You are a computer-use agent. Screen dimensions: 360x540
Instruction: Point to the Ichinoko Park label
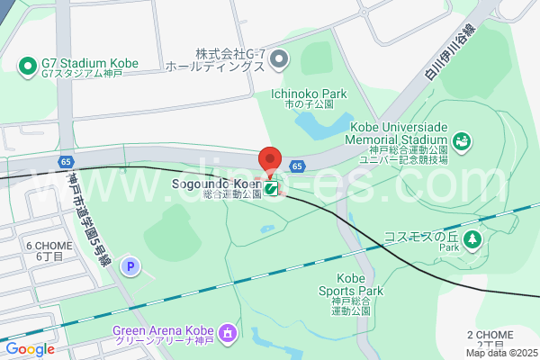308,94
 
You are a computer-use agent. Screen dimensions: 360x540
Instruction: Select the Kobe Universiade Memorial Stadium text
396,139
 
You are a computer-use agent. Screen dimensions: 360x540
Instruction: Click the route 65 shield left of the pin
67,160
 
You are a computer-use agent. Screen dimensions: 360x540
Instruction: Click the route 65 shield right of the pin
297,166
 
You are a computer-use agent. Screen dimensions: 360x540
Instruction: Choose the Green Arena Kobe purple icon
226,334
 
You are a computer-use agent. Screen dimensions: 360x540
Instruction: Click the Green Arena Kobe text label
164,335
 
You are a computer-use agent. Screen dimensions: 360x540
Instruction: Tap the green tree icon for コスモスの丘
473,238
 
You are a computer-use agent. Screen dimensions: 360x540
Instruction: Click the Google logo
31,349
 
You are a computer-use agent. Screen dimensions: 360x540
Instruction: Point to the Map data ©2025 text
501,353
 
